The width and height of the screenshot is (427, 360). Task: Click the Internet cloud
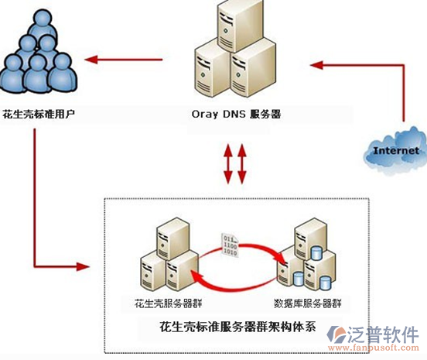coord(395,150)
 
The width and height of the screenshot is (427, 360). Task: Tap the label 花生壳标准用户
coord(39,114)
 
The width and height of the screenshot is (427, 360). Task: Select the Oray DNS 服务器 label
coord(236,114)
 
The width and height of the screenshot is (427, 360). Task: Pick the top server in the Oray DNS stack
coord(241,25)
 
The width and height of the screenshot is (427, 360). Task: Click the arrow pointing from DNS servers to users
coord(123,60)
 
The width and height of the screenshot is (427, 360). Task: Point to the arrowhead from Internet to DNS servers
coord(316,65)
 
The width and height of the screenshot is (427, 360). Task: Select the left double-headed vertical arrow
coord(227,163)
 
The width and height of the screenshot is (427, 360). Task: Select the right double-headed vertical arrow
coord(242,163)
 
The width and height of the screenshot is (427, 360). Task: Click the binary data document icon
coord(230,245)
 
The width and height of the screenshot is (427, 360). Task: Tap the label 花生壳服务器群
coord(168,303)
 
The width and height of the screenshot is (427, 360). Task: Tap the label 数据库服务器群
coord(307,303)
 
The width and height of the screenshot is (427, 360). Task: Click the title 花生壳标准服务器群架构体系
coord(237,327)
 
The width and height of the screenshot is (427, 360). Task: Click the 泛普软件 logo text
coord(383,334)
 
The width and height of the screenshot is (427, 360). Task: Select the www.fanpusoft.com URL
coord(374,348)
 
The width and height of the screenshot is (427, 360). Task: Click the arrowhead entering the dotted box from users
coord(83,266)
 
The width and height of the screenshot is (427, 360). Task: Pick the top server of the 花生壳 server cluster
coord(173,238)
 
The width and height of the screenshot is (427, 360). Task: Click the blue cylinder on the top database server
coord(316,252)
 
